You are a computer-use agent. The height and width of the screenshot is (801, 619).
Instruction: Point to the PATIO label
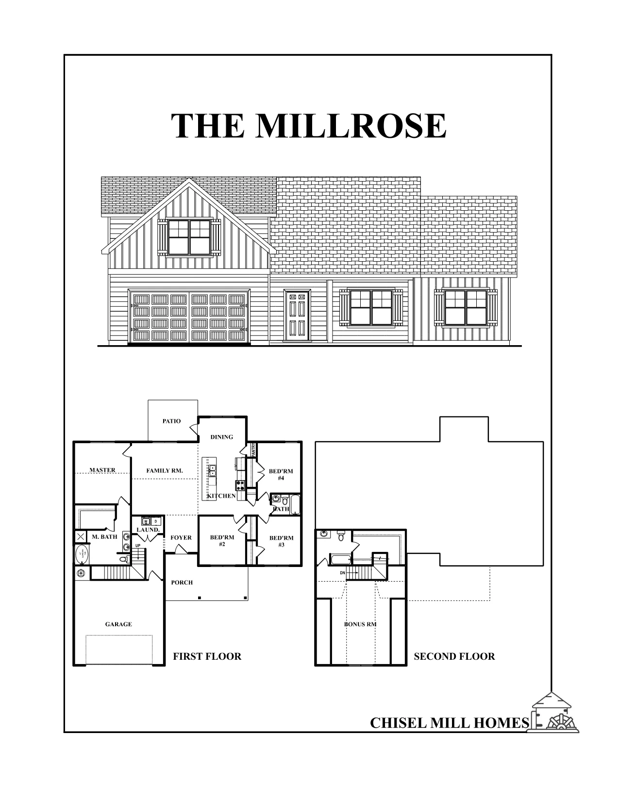click(x=171, y=421)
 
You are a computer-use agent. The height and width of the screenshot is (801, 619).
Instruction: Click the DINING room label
click(x=221, y=437)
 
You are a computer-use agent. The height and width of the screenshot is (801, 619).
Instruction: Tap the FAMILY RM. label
click(x=165, y=470)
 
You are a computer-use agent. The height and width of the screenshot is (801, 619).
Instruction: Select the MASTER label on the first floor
click(x=102, y=470)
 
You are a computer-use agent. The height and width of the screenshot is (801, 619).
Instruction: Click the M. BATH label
click(x=104, y=537)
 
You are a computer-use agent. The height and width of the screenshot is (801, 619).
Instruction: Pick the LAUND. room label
click(x=148, y=530)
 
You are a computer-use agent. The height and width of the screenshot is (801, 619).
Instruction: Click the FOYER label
click(x=181, y=538)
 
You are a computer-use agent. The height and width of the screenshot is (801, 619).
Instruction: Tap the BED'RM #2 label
click(x=222, y=541)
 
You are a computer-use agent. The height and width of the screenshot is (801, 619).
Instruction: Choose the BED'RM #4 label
click(x=281, y=474)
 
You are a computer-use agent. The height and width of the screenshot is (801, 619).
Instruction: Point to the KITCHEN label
click(x=221, y=496)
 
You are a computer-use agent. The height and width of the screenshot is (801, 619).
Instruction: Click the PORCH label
click(x=182, y=583)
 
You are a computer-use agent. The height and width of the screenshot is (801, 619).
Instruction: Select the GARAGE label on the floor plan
click(x=118, y=624)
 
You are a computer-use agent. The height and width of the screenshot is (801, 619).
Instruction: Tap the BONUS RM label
click(x=361, y=624)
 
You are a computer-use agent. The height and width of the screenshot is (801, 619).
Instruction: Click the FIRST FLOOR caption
click(x=207, y=657)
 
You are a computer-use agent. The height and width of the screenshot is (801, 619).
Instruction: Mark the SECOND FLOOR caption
click(x=454, y=657)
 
